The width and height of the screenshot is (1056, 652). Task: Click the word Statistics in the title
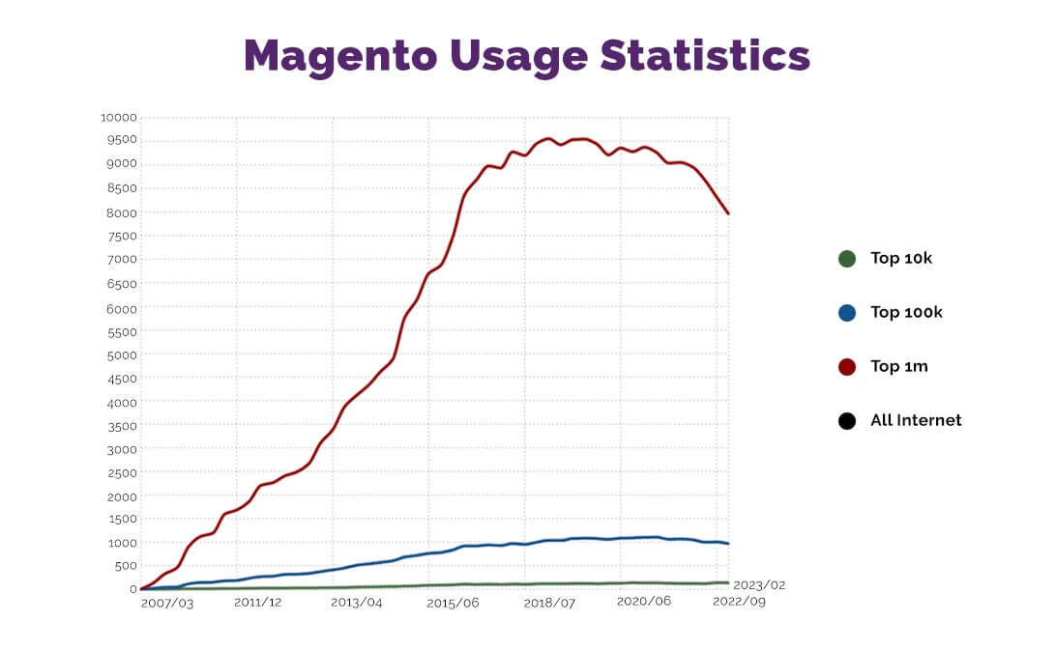[x=705, y=56]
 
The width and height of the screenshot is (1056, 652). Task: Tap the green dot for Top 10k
[x=847, y=259]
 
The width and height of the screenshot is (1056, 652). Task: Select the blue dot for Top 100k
[x=847, y=313]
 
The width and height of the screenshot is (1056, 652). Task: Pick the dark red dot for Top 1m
[x=847, y=367]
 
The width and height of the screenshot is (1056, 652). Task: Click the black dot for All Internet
[x=847, y=421]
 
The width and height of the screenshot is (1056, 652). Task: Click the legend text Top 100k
[x=906, y=312]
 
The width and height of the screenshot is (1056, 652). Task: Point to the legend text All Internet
[x=916, y=420]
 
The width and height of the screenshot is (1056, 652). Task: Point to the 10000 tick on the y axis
[x=118, y=118]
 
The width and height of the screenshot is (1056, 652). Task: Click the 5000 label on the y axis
[x=121, y=354]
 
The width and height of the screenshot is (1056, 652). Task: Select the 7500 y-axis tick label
[x=121, y=236]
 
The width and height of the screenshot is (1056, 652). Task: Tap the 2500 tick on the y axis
[x=121, y=472]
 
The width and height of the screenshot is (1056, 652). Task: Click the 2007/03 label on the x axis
[x=166, y=602]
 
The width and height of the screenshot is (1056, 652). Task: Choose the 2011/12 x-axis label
[x=258, y=602]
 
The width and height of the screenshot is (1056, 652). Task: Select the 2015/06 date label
[x=452, y=602]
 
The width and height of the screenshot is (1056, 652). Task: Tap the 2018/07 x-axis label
[x=548, y=602]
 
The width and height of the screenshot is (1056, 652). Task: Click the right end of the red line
[x=728, y=213]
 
